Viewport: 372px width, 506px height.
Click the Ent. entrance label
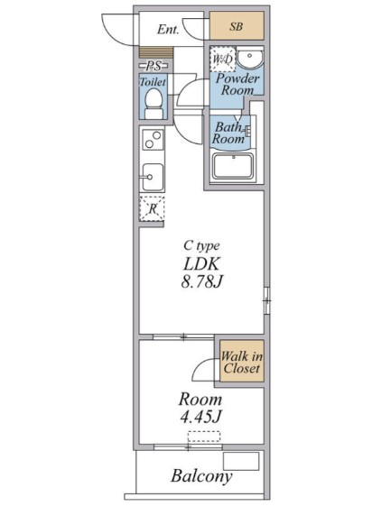click(x=168, y=30)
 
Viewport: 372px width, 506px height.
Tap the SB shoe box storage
click(x=237, y=26)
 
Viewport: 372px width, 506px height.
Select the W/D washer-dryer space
click(x=222, y=59)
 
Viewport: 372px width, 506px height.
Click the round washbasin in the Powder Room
click(x=249, y=58)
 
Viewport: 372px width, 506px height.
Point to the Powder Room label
click(x=237, y=84)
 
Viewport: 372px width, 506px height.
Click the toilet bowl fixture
click(x=153, y=104)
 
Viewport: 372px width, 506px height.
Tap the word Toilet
click(x=153, y=82)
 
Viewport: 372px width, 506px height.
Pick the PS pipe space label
click(x=153, y=66)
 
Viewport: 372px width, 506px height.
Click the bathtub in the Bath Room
click(x=233, y=166)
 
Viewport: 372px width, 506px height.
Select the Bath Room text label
click(x=228, y=133)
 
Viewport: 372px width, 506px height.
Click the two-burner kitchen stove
click(x=153, y=140)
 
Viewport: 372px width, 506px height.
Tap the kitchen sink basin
click(x=153, y=177)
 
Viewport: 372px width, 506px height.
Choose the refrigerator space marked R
click(x=152, y=208)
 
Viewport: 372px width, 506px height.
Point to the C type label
click(x=201, y=246)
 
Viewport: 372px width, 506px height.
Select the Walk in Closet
click(x=242, y=361)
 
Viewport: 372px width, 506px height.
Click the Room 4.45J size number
click(x=200, y=417)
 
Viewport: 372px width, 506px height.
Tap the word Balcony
click(x=201, y=476)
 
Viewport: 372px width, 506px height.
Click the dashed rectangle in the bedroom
click(x=204, y=437)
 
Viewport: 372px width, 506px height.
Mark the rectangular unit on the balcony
click(x=241, y=461)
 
